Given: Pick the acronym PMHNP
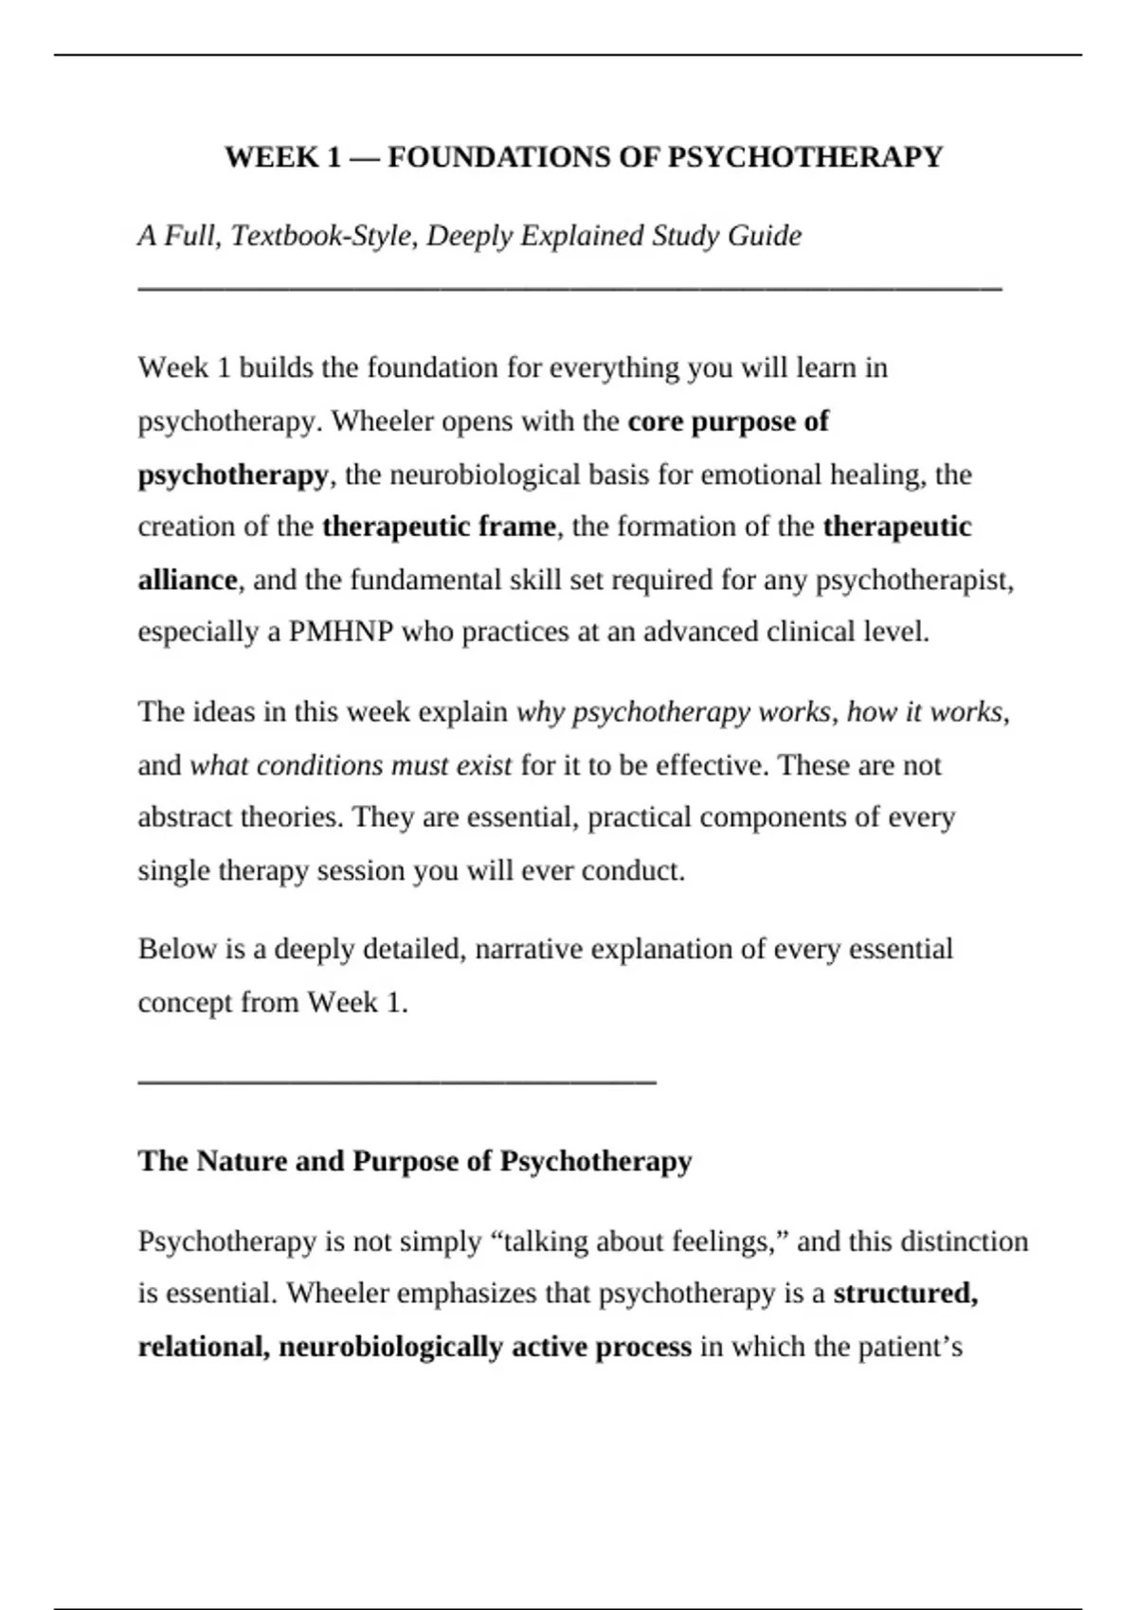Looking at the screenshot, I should [340, 632].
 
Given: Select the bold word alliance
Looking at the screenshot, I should [188, 580].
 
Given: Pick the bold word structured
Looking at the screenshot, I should [905, 1294].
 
